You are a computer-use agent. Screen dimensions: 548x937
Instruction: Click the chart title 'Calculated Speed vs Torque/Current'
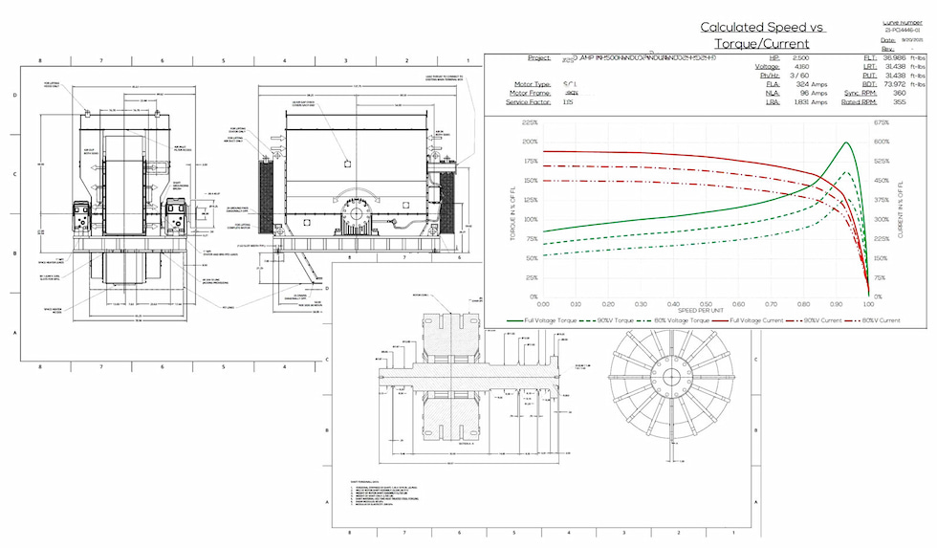pos(762,34)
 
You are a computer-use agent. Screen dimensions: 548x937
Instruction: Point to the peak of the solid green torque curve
pos(846,142)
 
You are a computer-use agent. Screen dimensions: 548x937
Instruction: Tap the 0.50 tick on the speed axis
pos(706,304)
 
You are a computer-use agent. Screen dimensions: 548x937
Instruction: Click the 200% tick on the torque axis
pos(527,142)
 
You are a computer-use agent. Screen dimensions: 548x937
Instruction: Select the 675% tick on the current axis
pos(882,122)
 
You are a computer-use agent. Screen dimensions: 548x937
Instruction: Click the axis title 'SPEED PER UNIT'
pos(706,311)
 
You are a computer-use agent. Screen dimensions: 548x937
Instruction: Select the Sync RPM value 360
pos(899,93)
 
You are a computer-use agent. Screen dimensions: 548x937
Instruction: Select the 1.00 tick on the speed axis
pos(868,304)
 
